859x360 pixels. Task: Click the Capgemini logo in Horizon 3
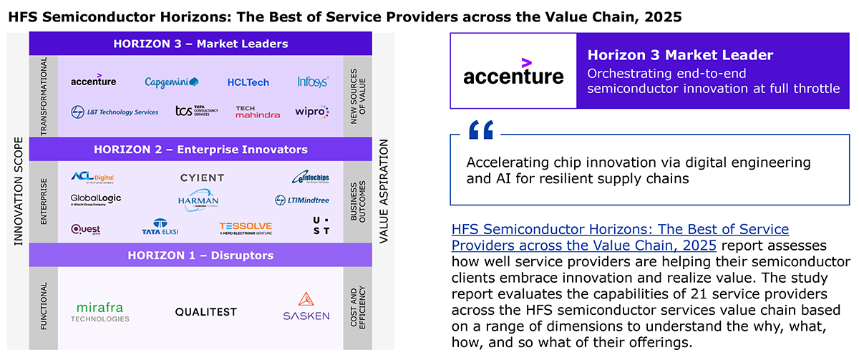pos(172,82)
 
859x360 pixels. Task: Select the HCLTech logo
pos(248,82)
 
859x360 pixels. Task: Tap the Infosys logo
pos(313,82)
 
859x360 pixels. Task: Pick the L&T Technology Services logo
pos(115,112)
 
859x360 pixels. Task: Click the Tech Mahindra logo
pos(258,112)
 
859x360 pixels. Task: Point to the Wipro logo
pos(312,112)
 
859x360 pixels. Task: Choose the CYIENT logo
pos(202,177)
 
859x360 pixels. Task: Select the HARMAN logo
pos(198,200)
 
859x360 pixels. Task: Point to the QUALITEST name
pos(205,312)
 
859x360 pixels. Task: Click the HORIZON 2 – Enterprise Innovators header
pos(200,150)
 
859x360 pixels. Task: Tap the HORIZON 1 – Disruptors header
pos(200,255)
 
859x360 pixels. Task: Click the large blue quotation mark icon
pos(481,130)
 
